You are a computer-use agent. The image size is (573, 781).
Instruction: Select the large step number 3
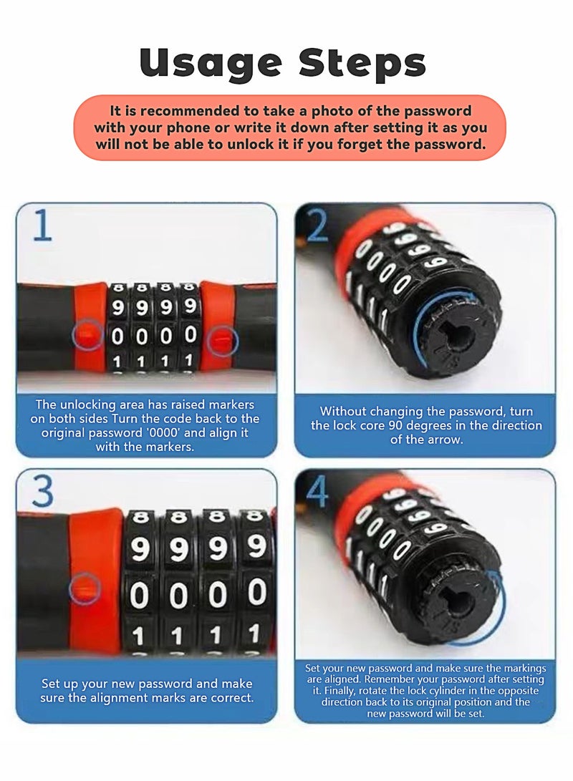(43, 493)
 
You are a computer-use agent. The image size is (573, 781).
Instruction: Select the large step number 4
(318, 493)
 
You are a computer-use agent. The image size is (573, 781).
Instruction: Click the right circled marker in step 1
(221, 341)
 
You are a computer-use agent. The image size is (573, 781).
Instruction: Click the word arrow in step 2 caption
(445, 440)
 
